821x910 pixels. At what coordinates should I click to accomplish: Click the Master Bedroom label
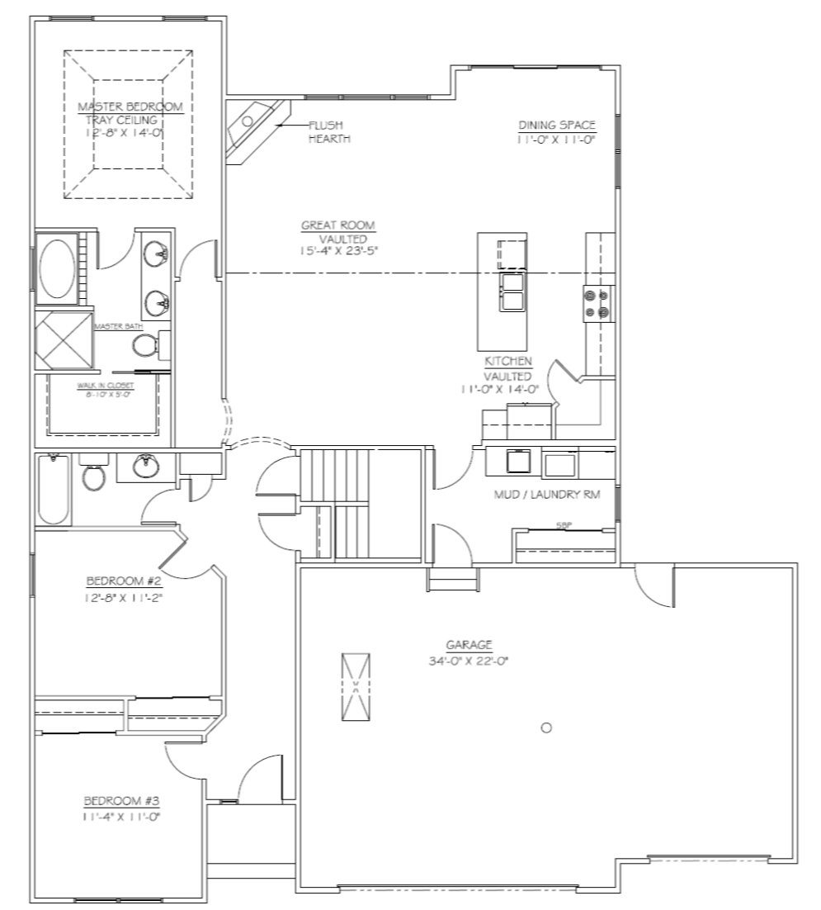tap(130, 107)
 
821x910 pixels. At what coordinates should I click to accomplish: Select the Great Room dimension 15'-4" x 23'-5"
tap(339, 250)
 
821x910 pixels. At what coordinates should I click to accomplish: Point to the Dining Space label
tap(557, 126)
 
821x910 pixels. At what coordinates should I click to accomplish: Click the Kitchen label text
tap(507, 362)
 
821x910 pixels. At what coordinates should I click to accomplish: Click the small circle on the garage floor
tap(545, 728)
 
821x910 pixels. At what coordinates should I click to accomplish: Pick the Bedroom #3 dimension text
tap(120, 817)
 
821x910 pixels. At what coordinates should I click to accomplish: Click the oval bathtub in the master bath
tap(55, 268)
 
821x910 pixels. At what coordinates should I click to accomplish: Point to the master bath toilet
tap(146, 344)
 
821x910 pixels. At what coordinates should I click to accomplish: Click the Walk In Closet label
tap(105, 386)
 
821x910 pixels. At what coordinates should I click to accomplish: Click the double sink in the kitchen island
tap(512, 291)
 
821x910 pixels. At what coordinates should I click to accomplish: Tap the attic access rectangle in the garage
tap(356, 686)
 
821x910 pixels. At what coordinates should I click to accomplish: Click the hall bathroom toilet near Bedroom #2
tap(93, 476)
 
